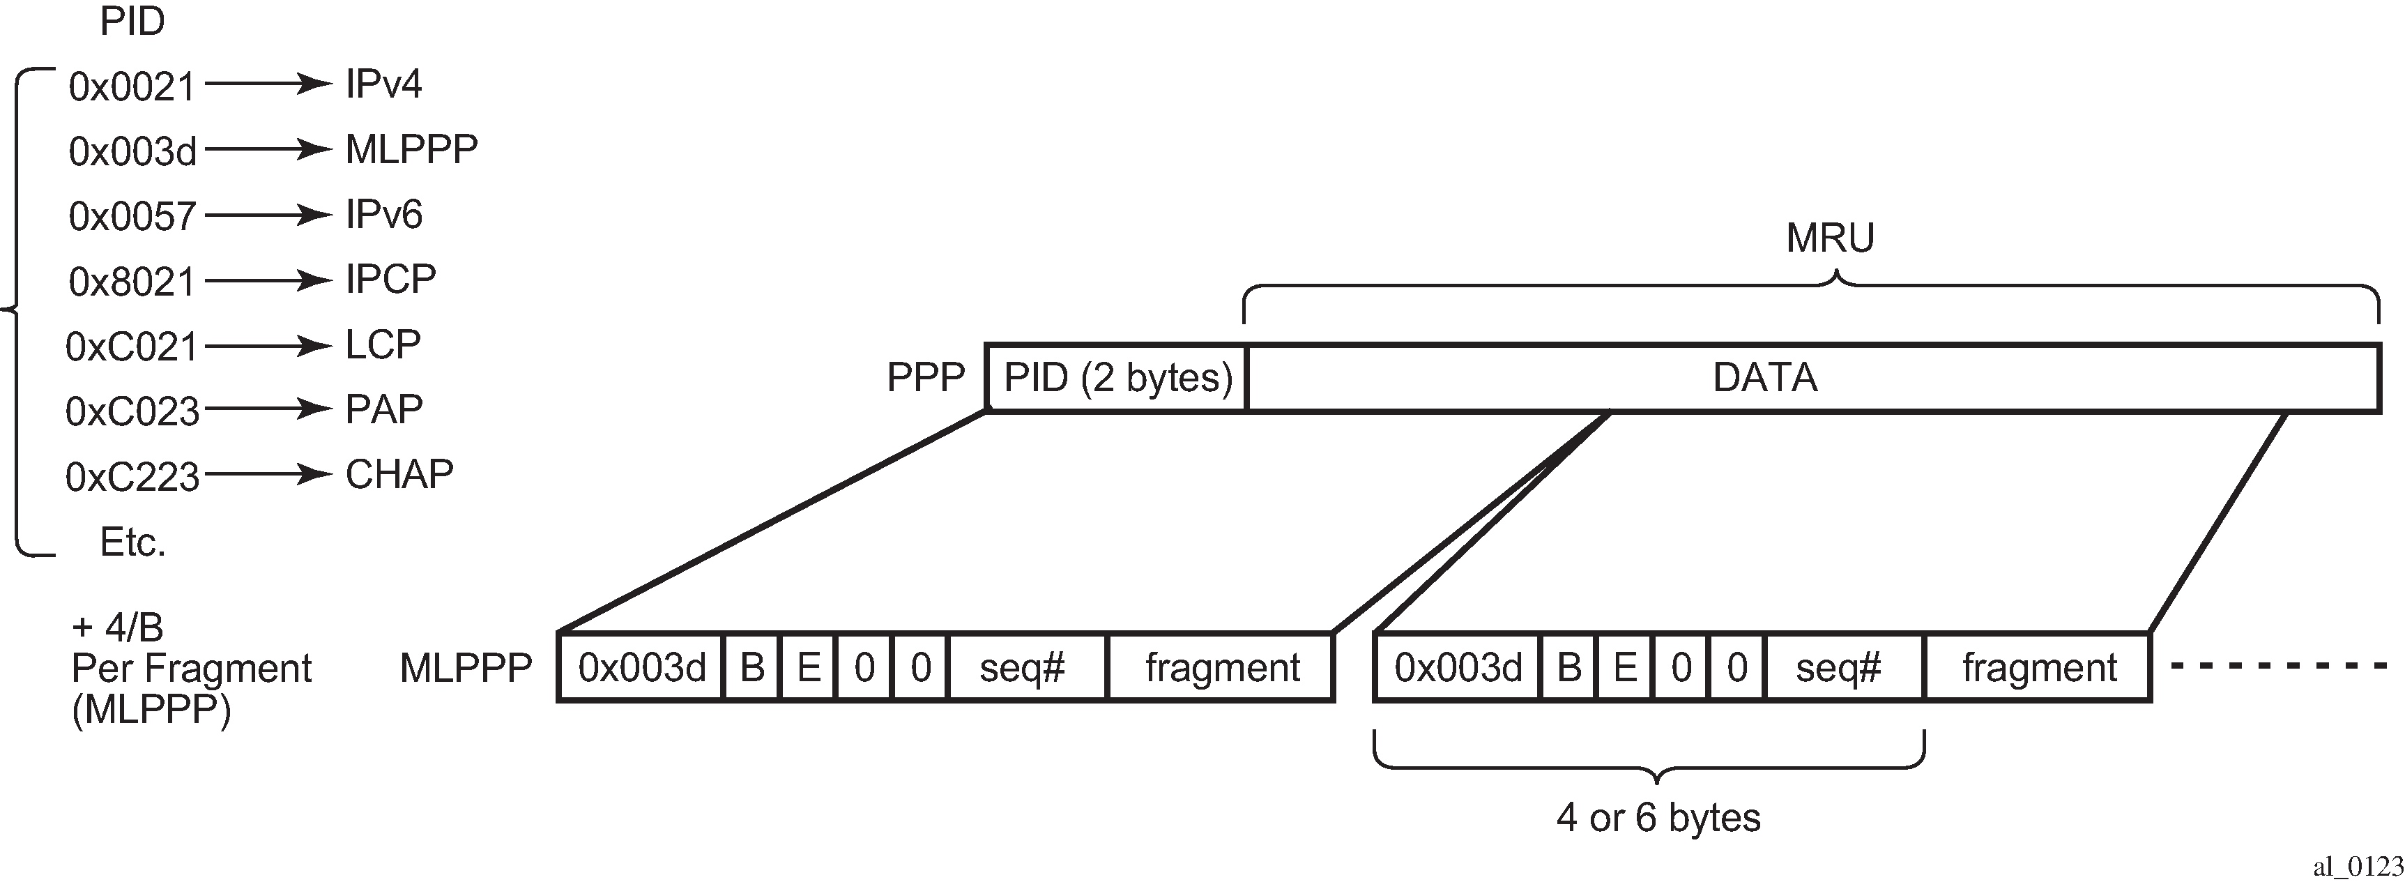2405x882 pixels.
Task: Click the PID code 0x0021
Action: click(132, 86)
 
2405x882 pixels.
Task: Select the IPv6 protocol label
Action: click(383, 215)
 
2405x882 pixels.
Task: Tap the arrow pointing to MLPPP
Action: click(268, 149)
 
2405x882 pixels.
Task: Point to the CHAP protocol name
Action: click(399, 474)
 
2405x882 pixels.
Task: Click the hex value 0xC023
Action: click(132, 411)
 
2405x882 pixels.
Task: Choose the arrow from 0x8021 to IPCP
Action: click(268, 280)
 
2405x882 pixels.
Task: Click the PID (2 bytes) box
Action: click(1117, 378)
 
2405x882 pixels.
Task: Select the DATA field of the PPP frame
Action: click(1814, 378)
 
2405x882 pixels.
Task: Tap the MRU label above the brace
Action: click(1830, 238)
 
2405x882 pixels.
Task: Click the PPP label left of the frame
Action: click(925, 377)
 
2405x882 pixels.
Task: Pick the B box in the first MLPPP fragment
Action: click(751, 667)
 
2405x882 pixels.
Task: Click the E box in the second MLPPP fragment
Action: click(1626, 667)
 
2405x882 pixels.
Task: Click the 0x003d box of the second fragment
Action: click(1458, 667)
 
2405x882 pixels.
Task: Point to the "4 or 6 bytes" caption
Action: click(1658, 818)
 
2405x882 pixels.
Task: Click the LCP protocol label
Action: click(383, 344)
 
